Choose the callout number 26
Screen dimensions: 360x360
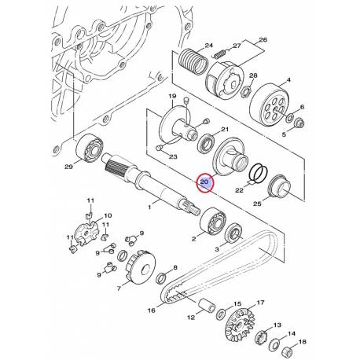tap(263, 40)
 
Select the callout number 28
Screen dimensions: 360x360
tap(253, 76)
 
